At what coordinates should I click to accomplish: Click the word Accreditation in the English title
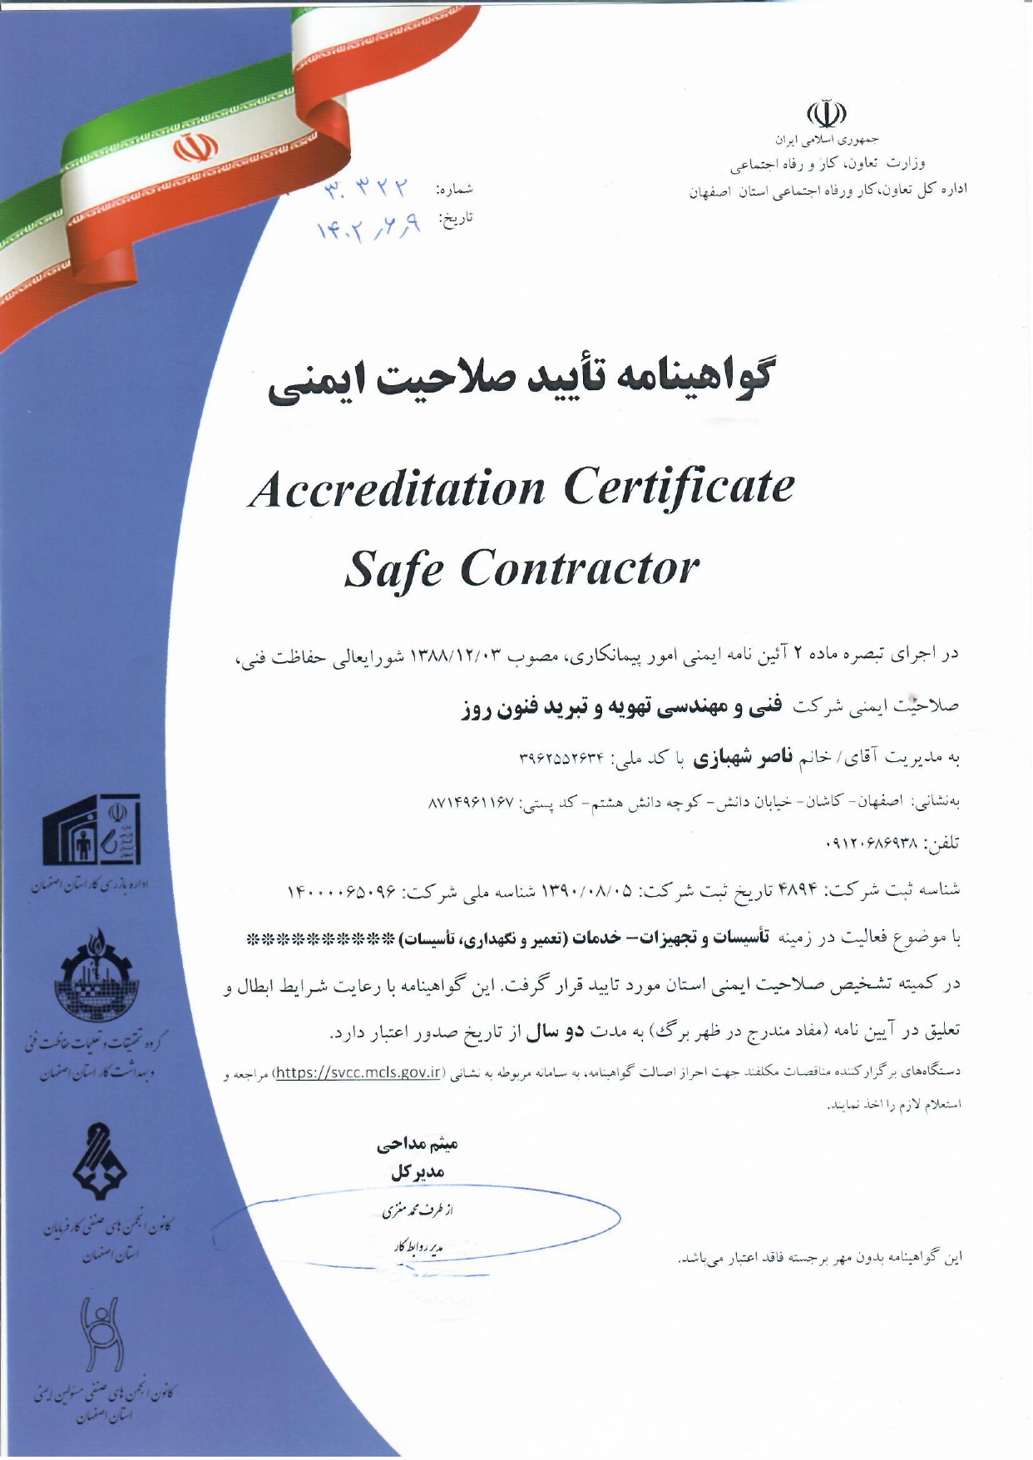398,487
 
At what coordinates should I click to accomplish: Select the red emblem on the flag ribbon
195,148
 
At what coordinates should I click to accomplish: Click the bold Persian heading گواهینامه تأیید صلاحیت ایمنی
519,379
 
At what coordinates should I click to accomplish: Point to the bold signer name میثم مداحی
418,1145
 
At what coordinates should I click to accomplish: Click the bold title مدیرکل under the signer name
418,1172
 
